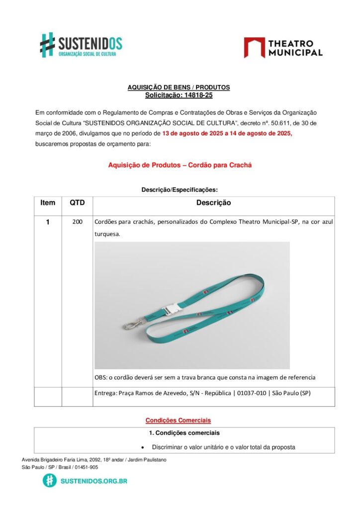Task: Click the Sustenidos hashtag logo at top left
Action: (x=47, y=44)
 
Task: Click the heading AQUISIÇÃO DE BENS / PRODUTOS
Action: (x=179, y=87)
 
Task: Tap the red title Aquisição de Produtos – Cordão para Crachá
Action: (x=180, y=165)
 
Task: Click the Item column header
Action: (x=48, y=203)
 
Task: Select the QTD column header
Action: (x=77, y=203)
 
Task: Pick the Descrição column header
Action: (x=213, y=203)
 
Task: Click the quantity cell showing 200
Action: (x=77, y=222)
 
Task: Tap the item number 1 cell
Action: (x=48, y=222)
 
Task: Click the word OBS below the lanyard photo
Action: (x=100, y=377)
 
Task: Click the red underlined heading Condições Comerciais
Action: (x=178, y=420)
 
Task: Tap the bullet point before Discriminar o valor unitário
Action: (x=143, y=447)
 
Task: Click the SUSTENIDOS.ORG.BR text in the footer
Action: (x=93, y=481)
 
